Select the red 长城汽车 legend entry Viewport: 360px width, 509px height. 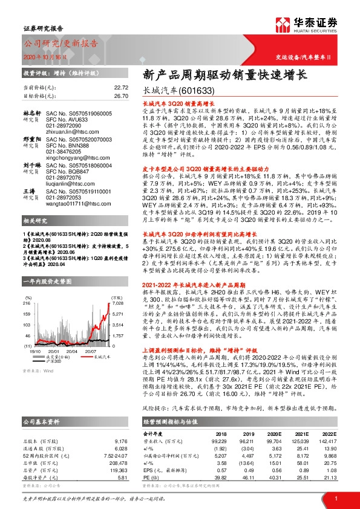click(x=85, y=356)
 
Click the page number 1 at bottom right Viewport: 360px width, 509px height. click(x=335, y=498)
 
